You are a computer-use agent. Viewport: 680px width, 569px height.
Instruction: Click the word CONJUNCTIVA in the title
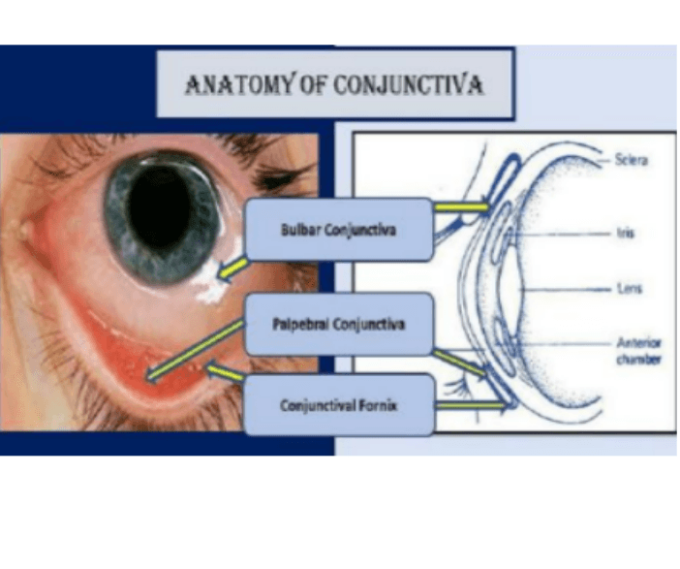click(x=408, y=85)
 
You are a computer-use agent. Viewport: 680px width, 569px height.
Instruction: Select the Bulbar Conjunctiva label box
click(x=338, y=230)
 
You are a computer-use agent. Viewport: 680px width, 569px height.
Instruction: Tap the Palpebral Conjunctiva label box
click(x=338, y=324)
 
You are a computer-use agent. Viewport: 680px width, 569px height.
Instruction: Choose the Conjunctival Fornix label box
click(x=338, y=404)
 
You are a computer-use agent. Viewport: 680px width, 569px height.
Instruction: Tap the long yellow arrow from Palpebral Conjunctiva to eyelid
click(x=194, y=351)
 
